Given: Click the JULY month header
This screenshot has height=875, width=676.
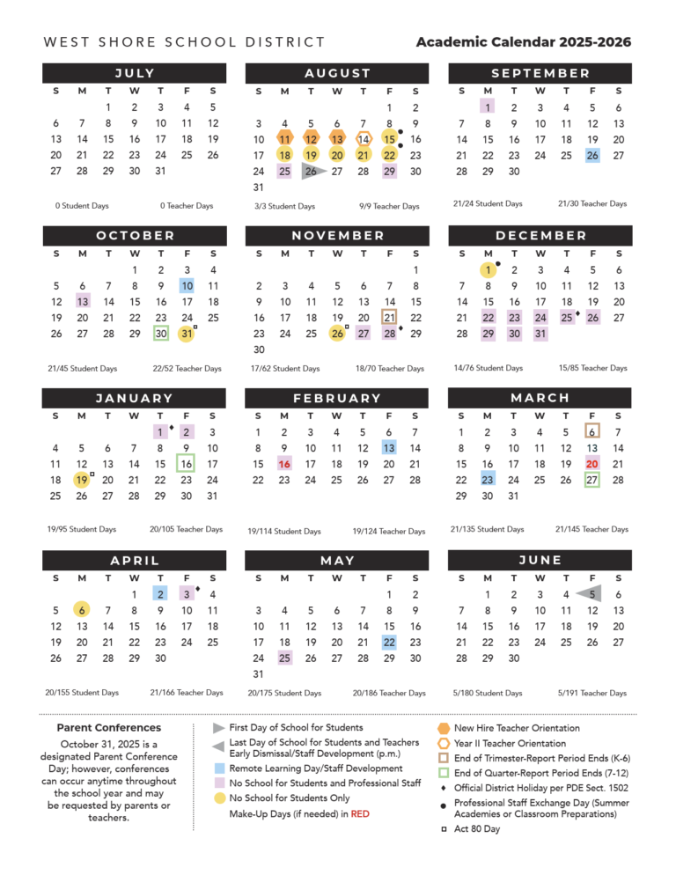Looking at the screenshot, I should [x=135, y=73].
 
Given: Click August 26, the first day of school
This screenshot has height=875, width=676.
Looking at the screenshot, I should [x=311, y=171].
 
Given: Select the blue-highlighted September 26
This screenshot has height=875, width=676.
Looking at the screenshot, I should [x=592, y=155].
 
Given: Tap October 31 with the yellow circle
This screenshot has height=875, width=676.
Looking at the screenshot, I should [x=187, y=335].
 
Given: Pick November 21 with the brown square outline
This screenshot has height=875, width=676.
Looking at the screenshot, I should [x=389, y=318].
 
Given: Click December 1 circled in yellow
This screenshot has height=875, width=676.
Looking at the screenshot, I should [x=487, y=269].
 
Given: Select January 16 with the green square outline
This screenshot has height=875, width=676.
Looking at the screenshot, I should [x=187, y=464].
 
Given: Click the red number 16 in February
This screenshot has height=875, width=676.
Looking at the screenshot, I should [x=284, y=464].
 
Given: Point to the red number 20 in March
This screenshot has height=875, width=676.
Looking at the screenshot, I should [x=592, y=464].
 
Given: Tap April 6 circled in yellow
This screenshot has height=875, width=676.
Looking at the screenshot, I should [x=82, y=610].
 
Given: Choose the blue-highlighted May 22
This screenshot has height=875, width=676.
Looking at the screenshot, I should [x=389, y=643].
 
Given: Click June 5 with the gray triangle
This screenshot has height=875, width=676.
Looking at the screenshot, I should [x=591, y=593].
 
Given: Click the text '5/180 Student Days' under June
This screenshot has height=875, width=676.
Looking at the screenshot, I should [x=487, y=693].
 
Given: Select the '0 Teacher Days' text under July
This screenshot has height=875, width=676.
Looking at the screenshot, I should [x=187, y=206].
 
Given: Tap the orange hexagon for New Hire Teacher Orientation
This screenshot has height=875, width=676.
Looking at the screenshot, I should [x=443, y=728].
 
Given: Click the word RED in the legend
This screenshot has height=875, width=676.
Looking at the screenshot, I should [x=360, y=814].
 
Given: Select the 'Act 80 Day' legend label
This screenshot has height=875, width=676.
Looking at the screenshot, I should [x=477, y=829].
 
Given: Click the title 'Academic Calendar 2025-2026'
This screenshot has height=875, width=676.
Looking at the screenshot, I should [x=524, y=42].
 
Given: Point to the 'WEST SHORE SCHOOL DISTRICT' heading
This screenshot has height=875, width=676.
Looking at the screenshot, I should [x=184, y=42].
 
